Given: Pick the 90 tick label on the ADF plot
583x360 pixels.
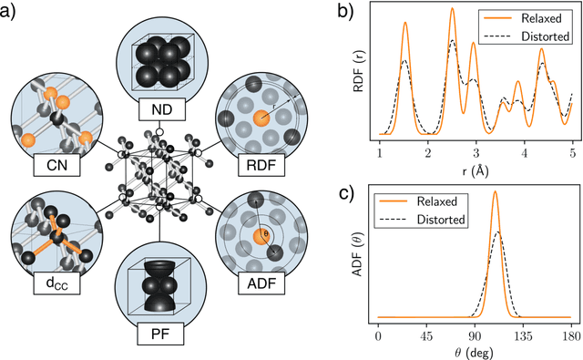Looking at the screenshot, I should (x=475, y=331).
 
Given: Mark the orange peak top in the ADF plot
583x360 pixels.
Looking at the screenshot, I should (x=495, y=191).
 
